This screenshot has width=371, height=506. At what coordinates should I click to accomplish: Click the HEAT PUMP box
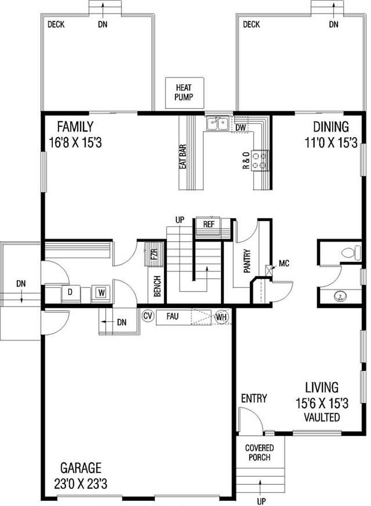[x=185, y=93]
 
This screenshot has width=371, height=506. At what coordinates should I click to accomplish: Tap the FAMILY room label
[x=75, y=126]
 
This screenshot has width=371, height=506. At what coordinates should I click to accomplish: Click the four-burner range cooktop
[x=260, y=160]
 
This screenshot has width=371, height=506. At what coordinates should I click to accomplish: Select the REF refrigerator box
[x=209, y=224]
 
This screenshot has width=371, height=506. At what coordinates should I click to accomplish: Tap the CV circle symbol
[x=148, y=316]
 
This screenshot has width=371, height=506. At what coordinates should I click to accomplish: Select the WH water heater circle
[x=221, y=317]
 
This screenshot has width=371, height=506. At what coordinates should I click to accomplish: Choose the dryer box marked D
[x=70, y=293]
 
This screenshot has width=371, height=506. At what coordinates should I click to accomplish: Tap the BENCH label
[x=157, y=287]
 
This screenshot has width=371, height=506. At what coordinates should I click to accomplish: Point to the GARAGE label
[x=81, y=467]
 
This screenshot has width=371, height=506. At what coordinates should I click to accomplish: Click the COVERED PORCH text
[x=259, y=453]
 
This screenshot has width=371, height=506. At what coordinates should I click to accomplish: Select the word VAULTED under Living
[x=322, y=417]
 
